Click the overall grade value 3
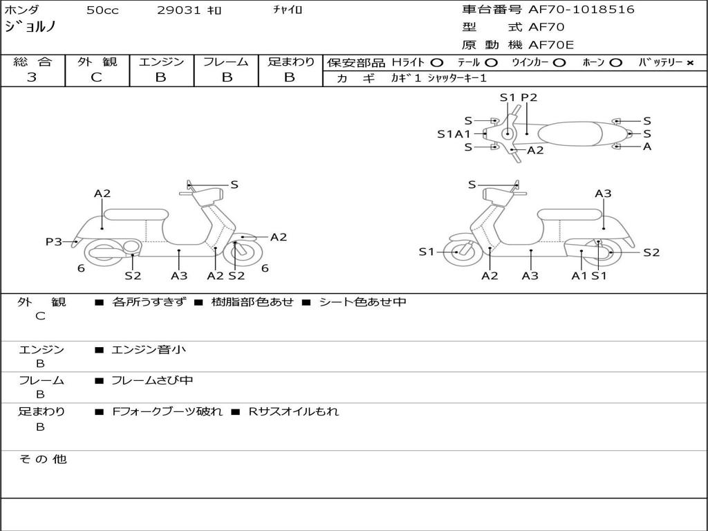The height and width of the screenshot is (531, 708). (32, 77)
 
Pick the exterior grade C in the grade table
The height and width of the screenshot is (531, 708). (97, 77)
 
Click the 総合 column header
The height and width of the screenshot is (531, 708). (32, 62)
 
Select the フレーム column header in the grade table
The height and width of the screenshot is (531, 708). (226, 62)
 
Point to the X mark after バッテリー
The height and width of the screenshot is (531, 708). (689, 62)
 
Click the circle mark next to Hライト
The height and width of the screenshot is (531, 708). (436, 62)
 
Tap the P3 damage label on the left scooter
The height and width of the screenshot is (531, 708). (54, 241)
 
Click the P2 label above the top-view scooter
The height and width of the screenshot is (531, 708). (529, 97)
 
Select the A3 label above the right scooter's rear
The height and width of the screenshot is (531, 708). (603, 194)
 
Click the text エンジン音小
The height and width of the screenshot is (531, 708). (149, 350)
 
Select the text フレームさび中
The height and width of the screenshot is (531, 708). (152, 380)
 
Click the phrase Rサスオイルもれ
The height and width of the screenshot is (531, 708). (294, 411)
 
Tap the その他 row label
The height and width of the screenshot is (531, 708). (42, 459)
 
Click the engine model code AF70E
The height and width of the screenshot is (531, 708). (551, 45)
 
